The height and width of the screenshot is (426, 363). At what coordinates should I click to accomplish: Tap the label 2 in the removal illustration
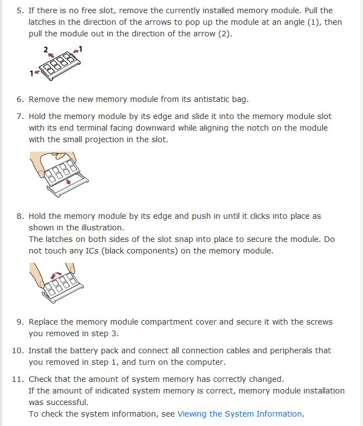point(46,50)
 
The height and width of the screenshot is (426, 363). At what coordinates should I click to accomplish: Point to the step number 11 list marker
point(18,379)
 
